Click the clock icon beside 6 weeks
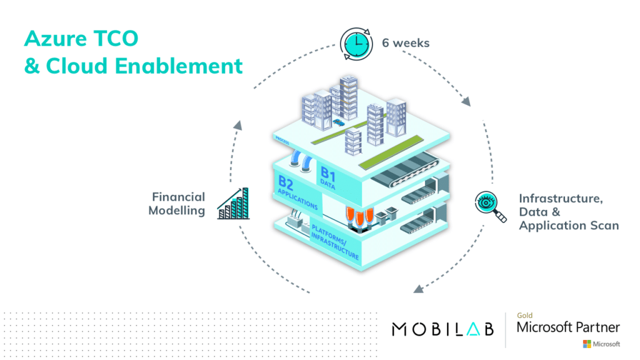coord(356,44)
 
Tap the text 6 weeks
coord(406,43)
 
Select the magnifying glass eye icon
coord(490,206)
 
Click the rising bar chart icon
coord(233,204)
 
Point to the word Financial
coord(178,197)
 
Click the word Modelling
coord(176,211)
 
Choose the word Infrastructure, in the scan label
coord(561,199)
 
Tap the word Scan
coord(605,225)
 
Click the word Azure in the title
coord(56,39)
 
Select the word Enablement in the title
coord(179,66)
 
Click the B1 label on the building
coord(328,175)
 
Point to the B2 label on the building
coord(286,182)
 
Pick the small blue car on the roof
coord(338,122)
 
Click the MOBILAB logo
coord(443,329)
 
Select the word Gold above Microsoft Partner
coord(524,315)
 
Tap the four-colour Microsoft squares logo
coord(587,344)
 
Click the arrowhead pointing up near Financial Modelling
coord(238,125)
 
